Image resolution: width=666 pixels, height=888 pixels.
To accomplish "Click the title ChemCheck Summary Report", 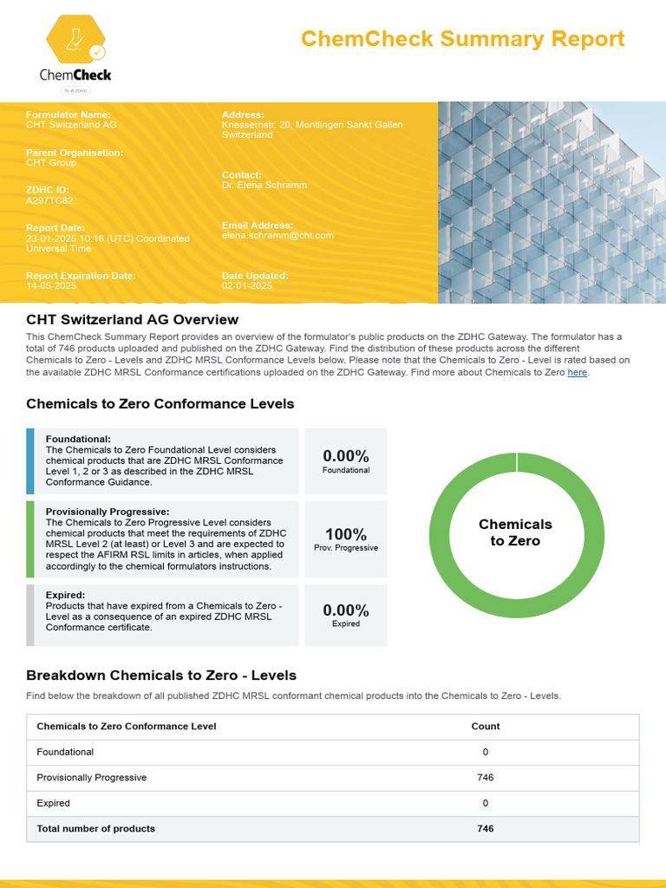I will point(462,39).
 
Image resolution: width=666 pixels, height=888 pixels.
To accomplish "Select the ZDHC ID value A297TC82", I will point(49,201).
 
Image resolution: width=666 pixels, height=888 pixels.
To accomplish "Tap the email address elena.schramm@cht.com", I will point(277,235).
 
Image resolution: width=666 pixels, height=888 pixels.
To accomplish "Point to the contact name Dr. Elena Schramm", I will point(264,185).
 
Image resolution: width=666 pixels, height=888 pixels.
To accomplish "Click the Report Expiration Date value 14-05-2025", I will point(51,285).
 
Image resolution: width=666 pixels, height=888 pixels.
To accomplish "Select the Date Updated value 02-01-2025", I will point(247,285).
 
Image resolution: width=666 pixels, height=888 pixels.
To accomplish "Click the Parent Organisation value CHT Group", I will point(51,163).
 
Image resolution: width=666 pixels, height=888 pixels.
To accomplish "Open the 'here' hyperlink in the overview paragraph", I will point(577,372).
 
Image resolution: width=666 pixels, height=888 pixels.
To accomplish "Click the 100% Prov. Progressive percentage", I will point(345,534).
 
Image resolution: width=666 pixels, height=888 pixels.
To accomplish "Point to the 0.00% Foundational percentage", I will point(345,456).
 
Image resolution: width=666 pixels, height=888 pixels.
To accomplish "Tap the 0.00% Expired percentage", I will point(345,610).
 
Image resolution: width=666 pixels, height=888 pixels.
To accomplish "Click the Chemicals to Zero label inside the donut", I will point(515,532).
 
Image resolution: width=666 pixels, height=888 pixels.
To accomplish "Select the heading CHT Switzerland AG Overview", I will point(132,320).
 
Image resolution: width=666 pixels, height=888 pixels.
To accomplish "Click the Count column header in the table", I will point(485,727).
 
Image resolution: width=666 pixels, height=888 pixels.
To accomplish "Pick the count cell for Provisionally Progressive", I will point(485,778).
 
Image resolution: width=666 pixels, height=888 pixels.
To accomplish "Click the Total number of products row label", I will point(95,829).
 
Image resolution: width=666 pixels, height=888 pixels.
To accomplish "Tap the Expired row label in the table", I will point(54,803).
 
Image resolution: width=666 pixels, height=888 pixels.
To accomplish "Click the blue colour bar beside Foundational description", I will point(30,460).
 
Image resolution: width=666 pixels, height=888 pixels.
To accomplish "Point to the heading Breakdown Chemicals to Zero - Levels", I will point(161,676).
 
